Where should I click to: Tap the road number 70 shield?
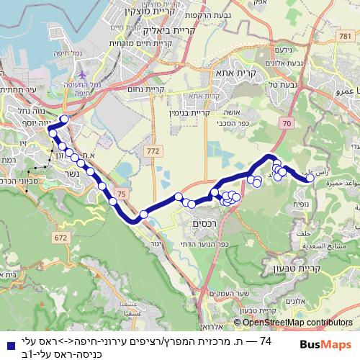[x=287, y=124]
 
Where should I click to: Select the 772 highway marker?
[x=152, y=151]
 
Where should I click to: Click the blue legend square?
[x=7, y=343]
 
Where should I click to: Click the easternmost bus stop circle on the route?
[x=310, y=179]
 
